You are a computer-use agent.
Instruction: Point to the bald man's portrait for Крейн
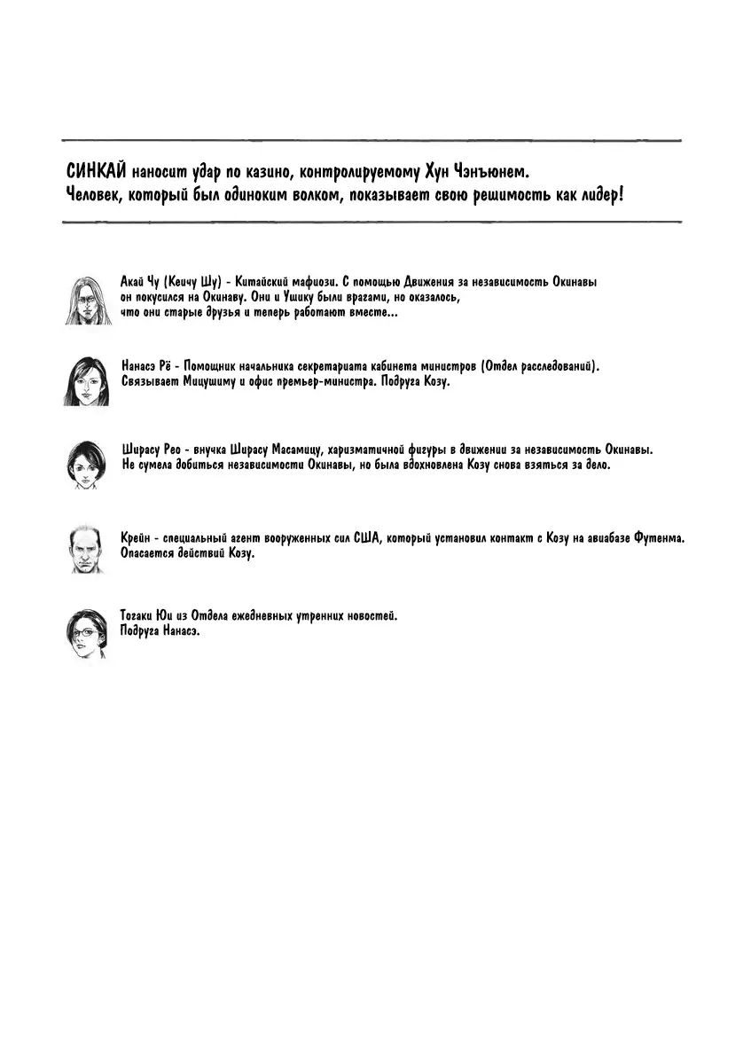(x=86, y=547)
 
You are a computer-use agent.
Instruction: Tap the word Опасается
(x=150, y=554)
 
